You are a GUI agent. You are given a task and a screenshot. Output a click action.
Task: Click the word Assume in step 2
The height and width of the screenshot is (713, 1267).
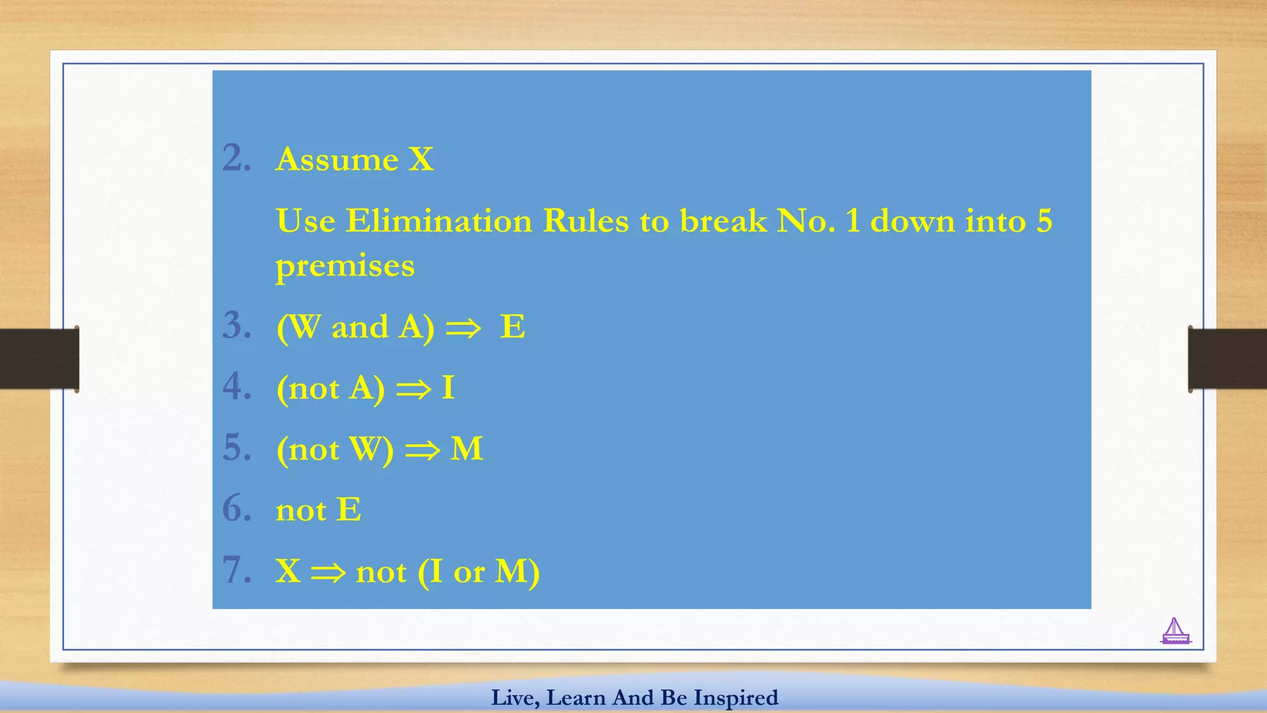coord(337,160)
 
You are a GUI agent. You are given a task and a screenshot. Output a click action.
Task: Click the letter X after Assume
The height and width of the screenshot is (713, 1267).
coord(421,160)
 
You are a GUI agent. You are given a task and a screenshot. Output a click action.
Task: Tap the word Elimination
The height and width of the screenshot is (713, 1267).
coord(438,221)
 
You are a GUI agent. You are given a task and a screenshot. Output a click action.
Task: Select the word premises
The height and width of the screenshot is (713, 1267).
coord(345,267)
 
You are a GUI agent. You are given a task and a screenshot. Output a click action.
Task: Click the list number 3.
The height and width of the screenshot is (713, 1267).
coord(236,326)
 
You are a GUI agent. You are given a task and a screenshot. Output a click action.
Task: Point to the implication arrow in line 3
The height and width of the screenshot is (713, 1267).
coord(463,328)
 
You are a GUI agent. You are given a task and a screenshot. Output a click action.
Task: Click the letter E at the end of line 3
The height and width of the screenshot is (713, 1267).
coord(512,326)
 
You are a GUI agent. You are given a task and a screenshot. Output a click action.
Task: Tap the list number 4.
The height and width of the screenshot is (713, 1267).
coord(236,387)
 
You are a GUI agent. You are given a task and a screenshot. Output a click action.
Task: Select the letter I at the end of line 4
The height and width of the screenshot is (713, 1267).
coord(448,388)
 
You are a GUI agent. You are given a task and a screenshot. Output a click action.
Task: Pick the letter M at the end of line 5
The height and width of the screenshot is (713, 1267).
coord(466,449)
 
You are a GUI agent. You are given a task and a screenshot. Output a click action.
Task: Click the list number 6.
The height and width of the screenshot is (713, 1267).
coord(236,509)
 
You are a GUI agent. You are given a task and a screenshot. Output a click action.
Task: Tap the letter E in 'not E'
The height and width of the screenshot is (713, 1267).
coord(348,510)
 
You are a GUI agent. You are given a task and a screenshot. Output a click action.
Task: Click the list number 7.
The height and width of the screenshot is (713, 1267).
coord(236,570)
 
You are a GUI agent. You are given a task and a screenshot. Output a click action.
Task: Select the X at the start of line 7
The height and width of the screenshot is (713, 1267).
coord(288,571)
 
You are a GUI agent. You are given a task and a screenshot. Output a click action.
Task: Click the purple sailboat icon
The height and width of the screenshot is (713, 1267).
coord(1175,631)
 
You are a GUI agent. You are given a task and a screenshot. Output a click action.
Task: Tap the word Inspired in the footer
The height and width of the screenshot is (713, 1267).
coord(736,698)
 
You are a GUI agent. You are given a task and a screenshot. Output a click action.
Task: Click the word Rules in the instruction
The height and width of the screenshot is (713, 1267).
coord(585,221)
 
